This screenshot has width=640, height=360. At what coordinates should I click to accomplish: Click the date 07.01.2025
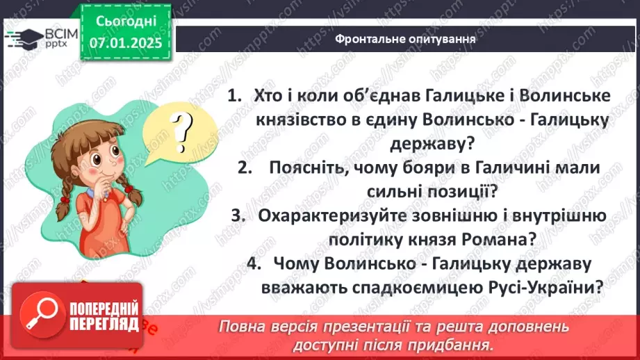click(x=124, y=43)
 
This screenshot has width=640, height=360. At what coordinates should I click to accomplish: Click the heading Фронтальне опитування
click(x=405, y=39)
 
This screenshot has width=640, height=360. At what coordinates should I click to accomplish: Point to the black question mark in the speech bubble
click(x=183, y=129)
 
